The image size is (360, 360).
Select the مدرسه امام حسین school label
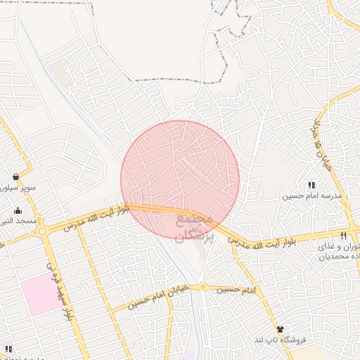click(312, 197)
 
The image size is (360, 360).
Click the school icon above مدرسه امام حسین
click(311, 185)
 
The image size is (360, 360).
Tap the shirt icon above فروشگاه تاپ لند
click(281, 328)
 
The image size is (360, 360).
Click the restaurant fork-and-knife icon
click(343, 236)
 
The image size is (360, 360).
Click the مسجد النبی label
click(18, 221)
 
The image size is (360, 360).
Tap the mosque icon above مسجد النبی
click(18, 210)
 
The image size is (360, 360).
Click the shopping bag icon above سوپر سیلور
click(15, 176)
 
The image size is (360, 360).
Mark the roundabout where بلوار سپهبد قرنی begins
click(43, 231)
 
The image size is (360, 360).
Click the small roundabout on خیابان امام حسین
click(203, 286)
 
